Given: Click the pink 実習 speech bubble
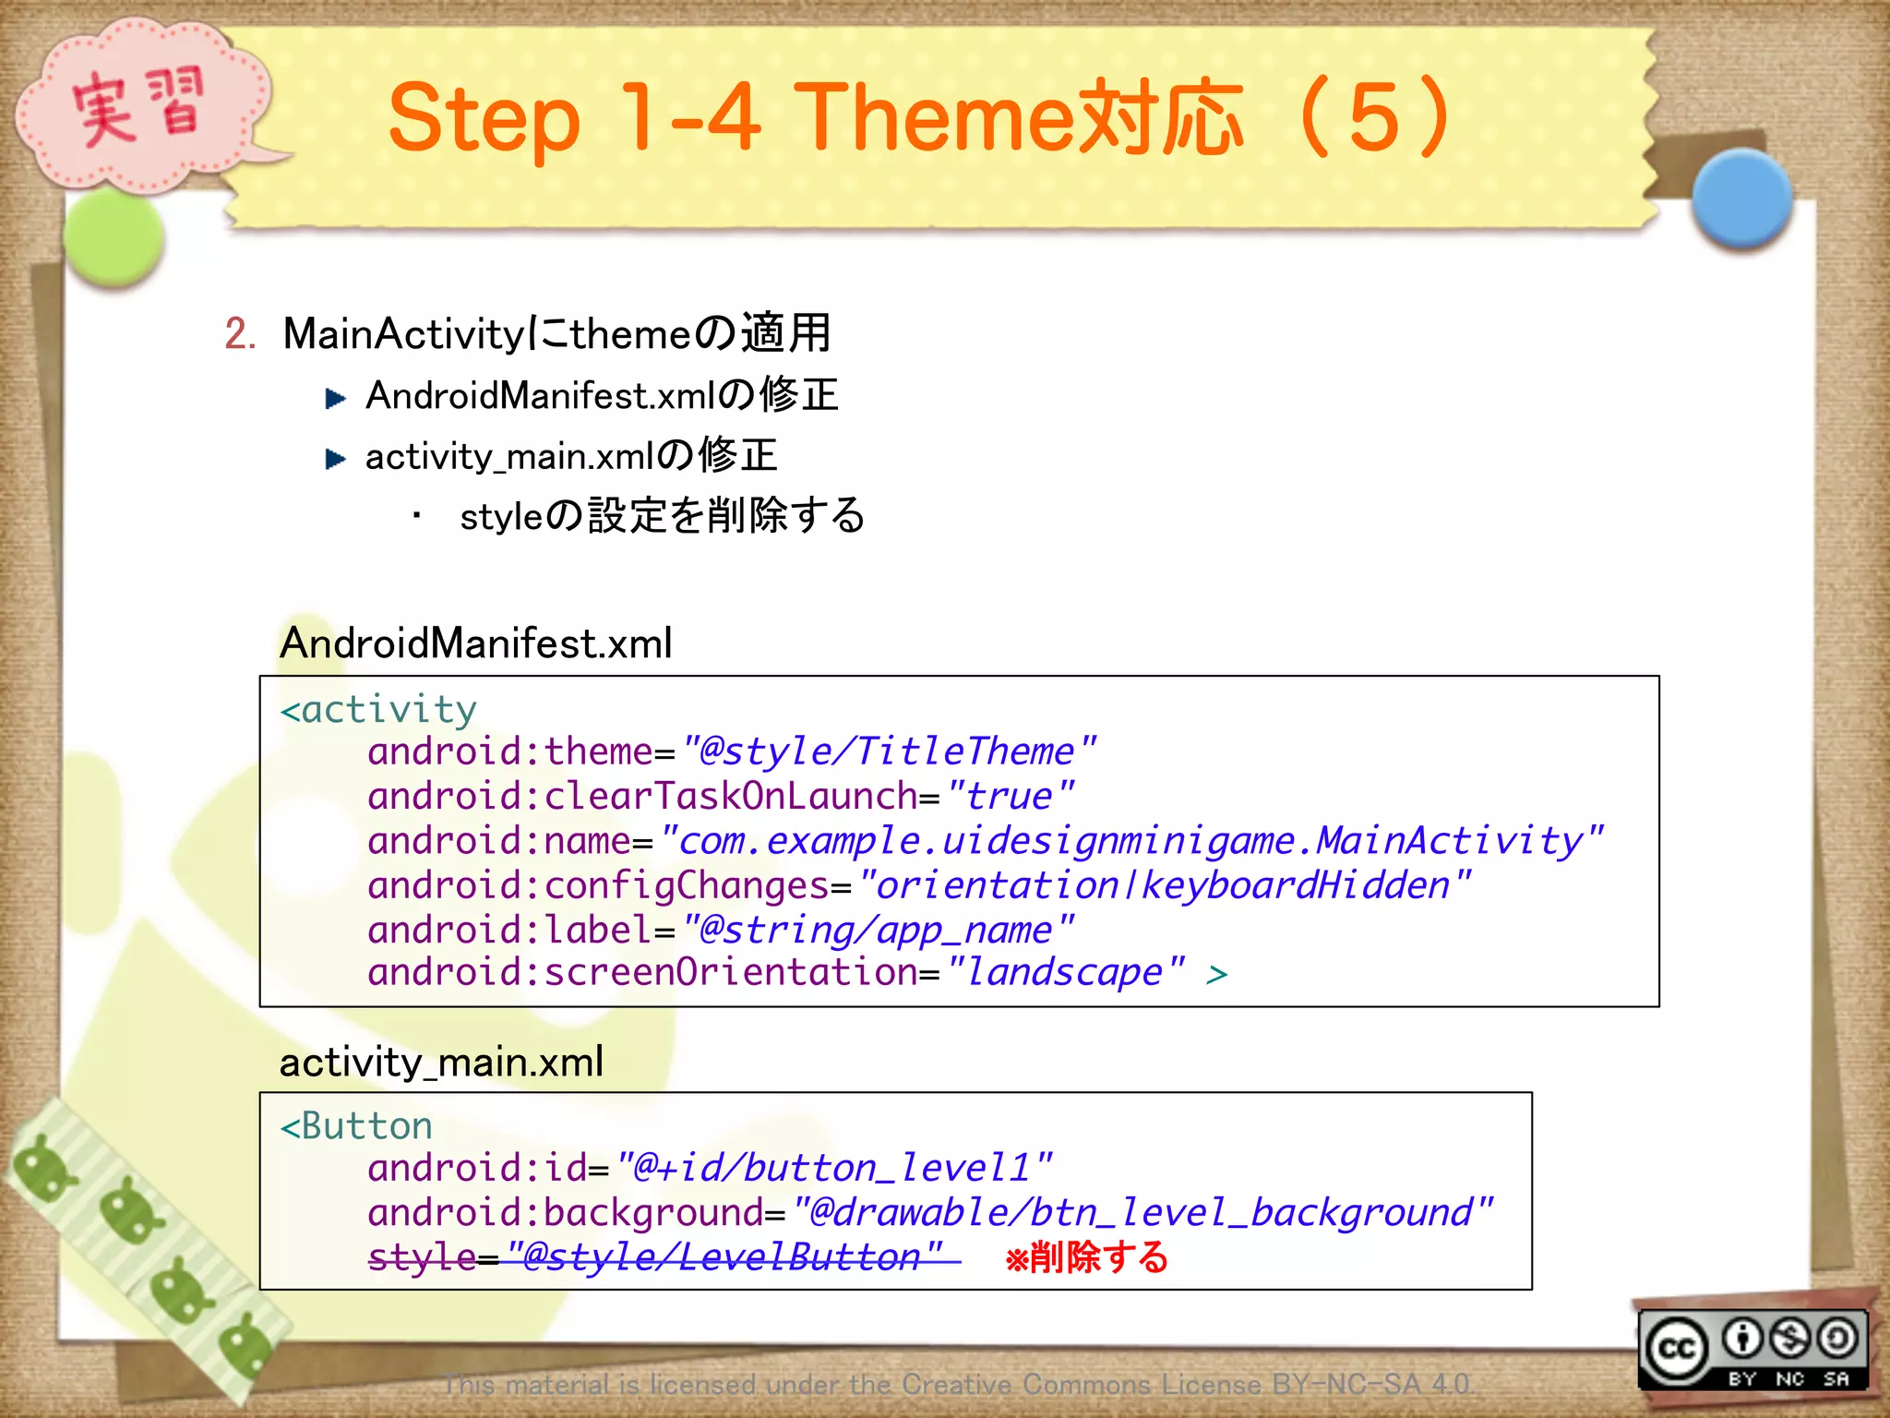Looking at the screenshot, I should click(x=138, y=109).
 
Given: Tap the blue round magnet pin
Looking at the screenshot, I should click(x=1742, y=198).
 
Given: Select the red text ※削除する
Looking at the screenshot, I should click(x=1086, y=1257).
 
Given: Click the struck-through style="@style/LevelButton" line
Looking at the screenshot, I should click(x=655, y=1257).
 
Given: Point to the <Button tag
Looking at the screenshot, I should click(x=356, y=1126).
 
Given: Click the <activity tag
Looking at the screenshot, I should click(x=378, y=710).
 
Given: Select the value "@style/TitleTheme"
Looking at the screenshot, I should click(x=889, y=751).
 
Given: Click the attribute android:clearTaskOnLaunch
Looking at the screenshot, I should click(x=641, y=796).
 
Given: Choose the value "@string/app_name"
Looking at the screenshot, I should click(x=878, y=930).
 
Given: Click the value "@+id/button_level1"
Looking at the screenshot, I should click(x=833, y=1168).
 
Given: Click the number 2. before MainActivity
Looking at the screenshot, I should click(x=240, y=333).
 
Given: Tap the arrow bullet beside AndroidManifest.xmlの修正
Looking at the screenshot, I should click(x=336, y=398).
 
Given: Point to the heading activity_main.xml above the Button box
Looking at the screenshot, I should click(x=441, y=1063).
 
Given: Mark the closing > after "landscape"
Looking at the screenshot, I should click(x=1216, y=974).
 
